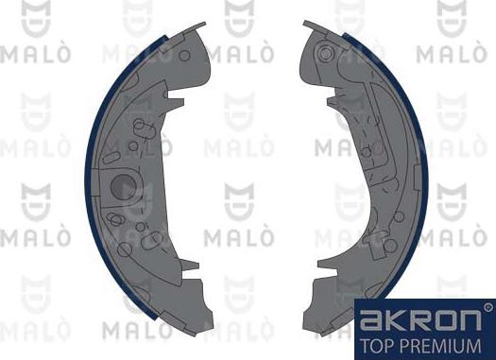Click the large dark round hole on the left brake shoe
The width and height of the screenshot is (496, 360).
(x=125, y=186)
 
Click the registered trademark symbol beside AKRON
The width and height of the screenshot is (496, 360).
(x=487, y=307)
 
